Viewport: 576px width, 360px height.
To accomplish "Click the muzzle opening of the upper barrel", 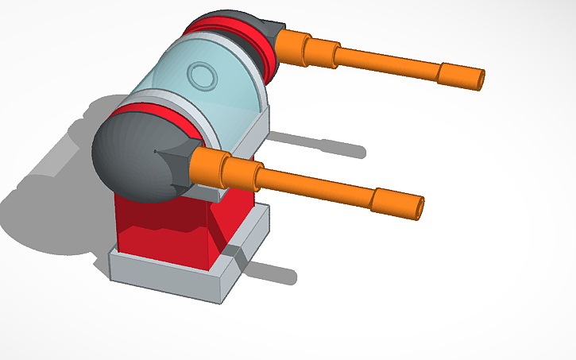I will click(480, 79).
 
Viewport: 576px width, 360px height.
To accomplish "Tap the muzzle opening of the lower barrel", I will click(418, 207).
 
